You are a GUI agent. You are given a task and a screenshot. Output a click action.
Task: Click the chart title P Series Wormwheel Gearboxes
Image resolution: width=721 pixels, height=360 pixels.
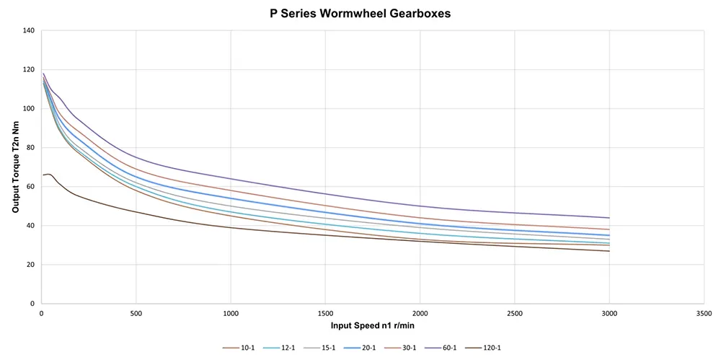[x=360, y=13]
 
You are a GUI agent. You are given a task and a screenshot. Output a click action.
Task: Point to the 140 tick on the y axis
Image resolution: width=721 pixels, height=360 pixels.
[x=28, y=31]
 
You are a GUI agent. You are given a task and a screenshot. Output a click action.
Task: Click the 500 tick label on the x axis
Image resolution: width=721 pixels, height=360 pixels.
[x=136, y=314]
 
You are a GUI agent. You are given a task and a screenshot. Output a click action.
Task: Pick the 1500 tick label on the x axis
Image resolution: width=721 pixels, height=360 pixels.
[x=324, y=314]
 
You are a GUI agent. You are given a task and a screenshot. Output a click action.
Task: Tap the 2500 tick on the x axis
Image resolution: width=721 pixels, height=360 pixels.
[x=514, y=314]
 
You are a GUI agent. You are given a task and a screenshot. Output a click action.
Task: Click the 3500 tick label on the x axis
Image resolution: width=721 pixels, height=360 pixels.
[x=703, y=314]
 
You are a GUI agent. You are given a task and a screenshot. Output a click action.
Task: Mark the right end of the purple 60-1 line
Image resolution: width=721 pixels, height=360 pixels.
[x=609, y=218]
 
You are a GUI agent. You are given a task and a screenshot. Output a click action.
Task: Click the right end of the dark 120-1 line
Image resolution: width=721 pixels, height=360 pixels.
[x=609, y=251]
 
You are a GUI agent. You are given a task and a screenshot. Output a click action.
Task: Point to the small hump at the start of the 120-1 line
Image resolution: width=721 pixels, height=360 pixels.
[x=48, y=174]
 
